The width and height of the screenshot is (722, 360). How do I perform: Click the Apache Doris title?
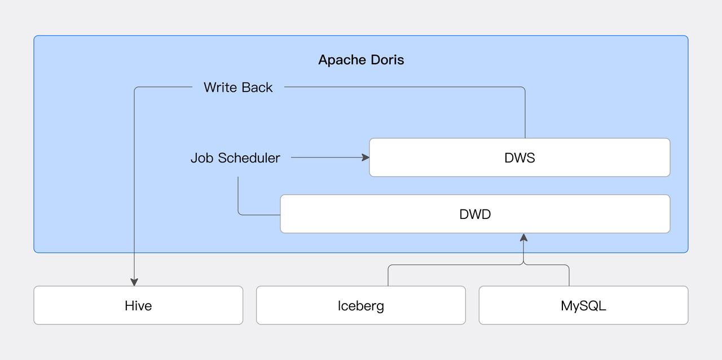[x=361, y=60]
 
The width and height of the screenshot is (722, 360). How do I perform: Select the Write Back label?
[x=238, y=87]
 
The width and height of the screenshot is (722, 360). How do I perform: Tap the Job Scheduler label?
[x=235, y=158]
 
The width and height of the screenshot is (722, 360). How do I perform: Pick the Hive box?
[x=138, y=305]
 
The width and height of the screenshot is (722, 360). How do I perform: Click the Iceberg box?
[x=361, y=305]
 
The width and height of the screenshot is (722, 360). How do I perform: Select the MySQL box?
[x=583, y=305]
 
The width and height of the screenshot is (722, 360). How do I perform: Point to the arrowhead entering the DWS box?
[x=366, y=157]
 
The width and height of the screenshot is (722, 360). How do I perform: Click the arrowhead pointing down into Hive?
[x=134, y=282]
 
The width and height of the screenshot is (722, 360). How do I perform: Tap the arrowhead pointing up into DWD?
[x=523, y=238]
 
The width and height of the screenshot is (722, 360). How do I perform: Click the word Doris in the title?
[x=387, y=60]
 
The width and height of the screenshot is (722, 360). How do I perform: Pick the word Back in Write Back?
[x=257, y=87]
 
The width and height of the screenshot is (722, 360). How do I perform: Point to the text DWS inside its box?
[x=520, y=158]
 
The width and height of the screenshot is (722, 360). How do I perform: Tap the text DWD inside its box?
[x=475, y=214]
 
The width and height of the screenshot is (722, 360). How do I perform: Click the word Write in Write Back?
[x=221, y=87]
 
